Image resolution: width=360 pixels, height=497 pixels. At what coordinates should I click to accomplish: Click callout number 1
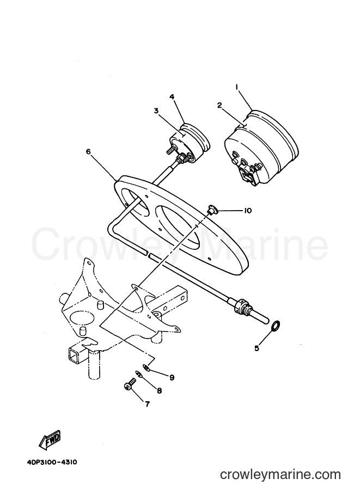tap(237, 87)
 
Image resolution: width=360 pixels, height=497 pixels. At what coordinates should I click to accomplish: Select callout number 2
tap(219, 105)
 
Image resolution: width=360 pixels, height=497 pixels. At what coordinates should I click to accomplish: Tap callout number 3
tap(156, 111)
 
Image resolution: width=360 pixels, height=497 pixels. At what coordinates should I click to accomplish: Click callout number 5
tap(257, 348)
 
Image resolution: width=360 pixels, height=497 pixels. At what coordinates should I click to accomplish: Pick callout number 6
tap(88, 152)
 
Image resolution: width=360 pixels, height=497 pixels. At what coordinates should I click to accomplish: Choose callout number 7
tap(147, 404)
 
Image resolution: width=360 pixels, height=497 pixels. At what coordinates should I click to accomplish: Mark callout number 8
tap(159, 390)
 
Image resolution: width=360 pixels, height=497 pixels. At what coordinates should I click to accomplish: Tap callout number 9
tap(172, 377)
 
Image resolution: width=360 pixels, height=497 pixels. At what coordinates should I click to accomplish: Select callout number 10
tap(247, 211)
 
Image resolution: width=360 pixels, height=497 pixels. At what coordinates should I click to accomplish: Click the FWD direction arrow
tap(49, 440)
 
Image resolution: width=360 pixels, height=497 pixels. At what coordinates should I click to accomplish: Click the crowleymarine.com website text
tap(280, 474)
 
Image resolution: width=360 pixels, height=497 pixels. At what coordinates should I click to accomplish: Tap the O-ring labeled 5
tap(276, 325)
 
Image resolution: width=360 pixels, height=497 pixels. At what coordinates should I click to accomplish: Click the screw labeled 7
tap(129, 385)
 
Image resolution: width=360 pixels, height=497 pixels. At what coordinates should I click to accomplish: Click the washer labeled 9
tap(146, 367)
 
